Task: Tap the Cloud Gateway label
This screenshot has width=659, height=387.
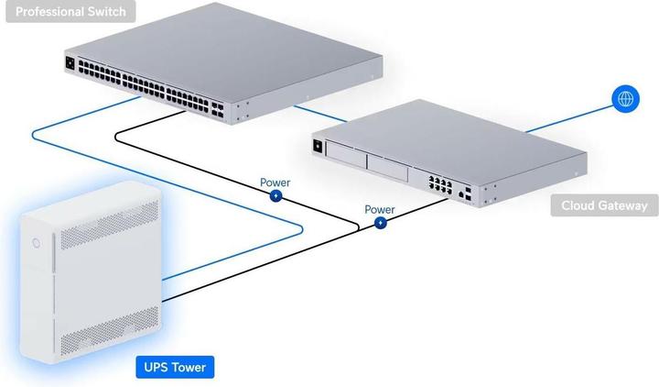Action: [x=604, y=205]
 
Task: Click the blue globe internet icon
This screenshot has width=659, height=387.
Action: [x=626, y=98]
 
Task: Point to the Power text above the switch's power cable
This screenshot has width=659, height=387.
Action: [x=275, y=182]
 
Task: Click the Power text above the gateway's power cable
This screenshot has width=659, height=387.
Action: [x=380, y=209]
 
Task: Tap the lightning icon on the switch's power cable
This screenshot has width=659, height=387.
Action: [x=275, y=195]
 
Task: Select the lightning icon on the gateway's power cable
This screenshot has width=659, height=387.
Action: [x=380, y=222]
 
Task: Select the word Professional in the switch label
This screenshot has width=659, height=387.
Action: [x=47, y=12]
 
